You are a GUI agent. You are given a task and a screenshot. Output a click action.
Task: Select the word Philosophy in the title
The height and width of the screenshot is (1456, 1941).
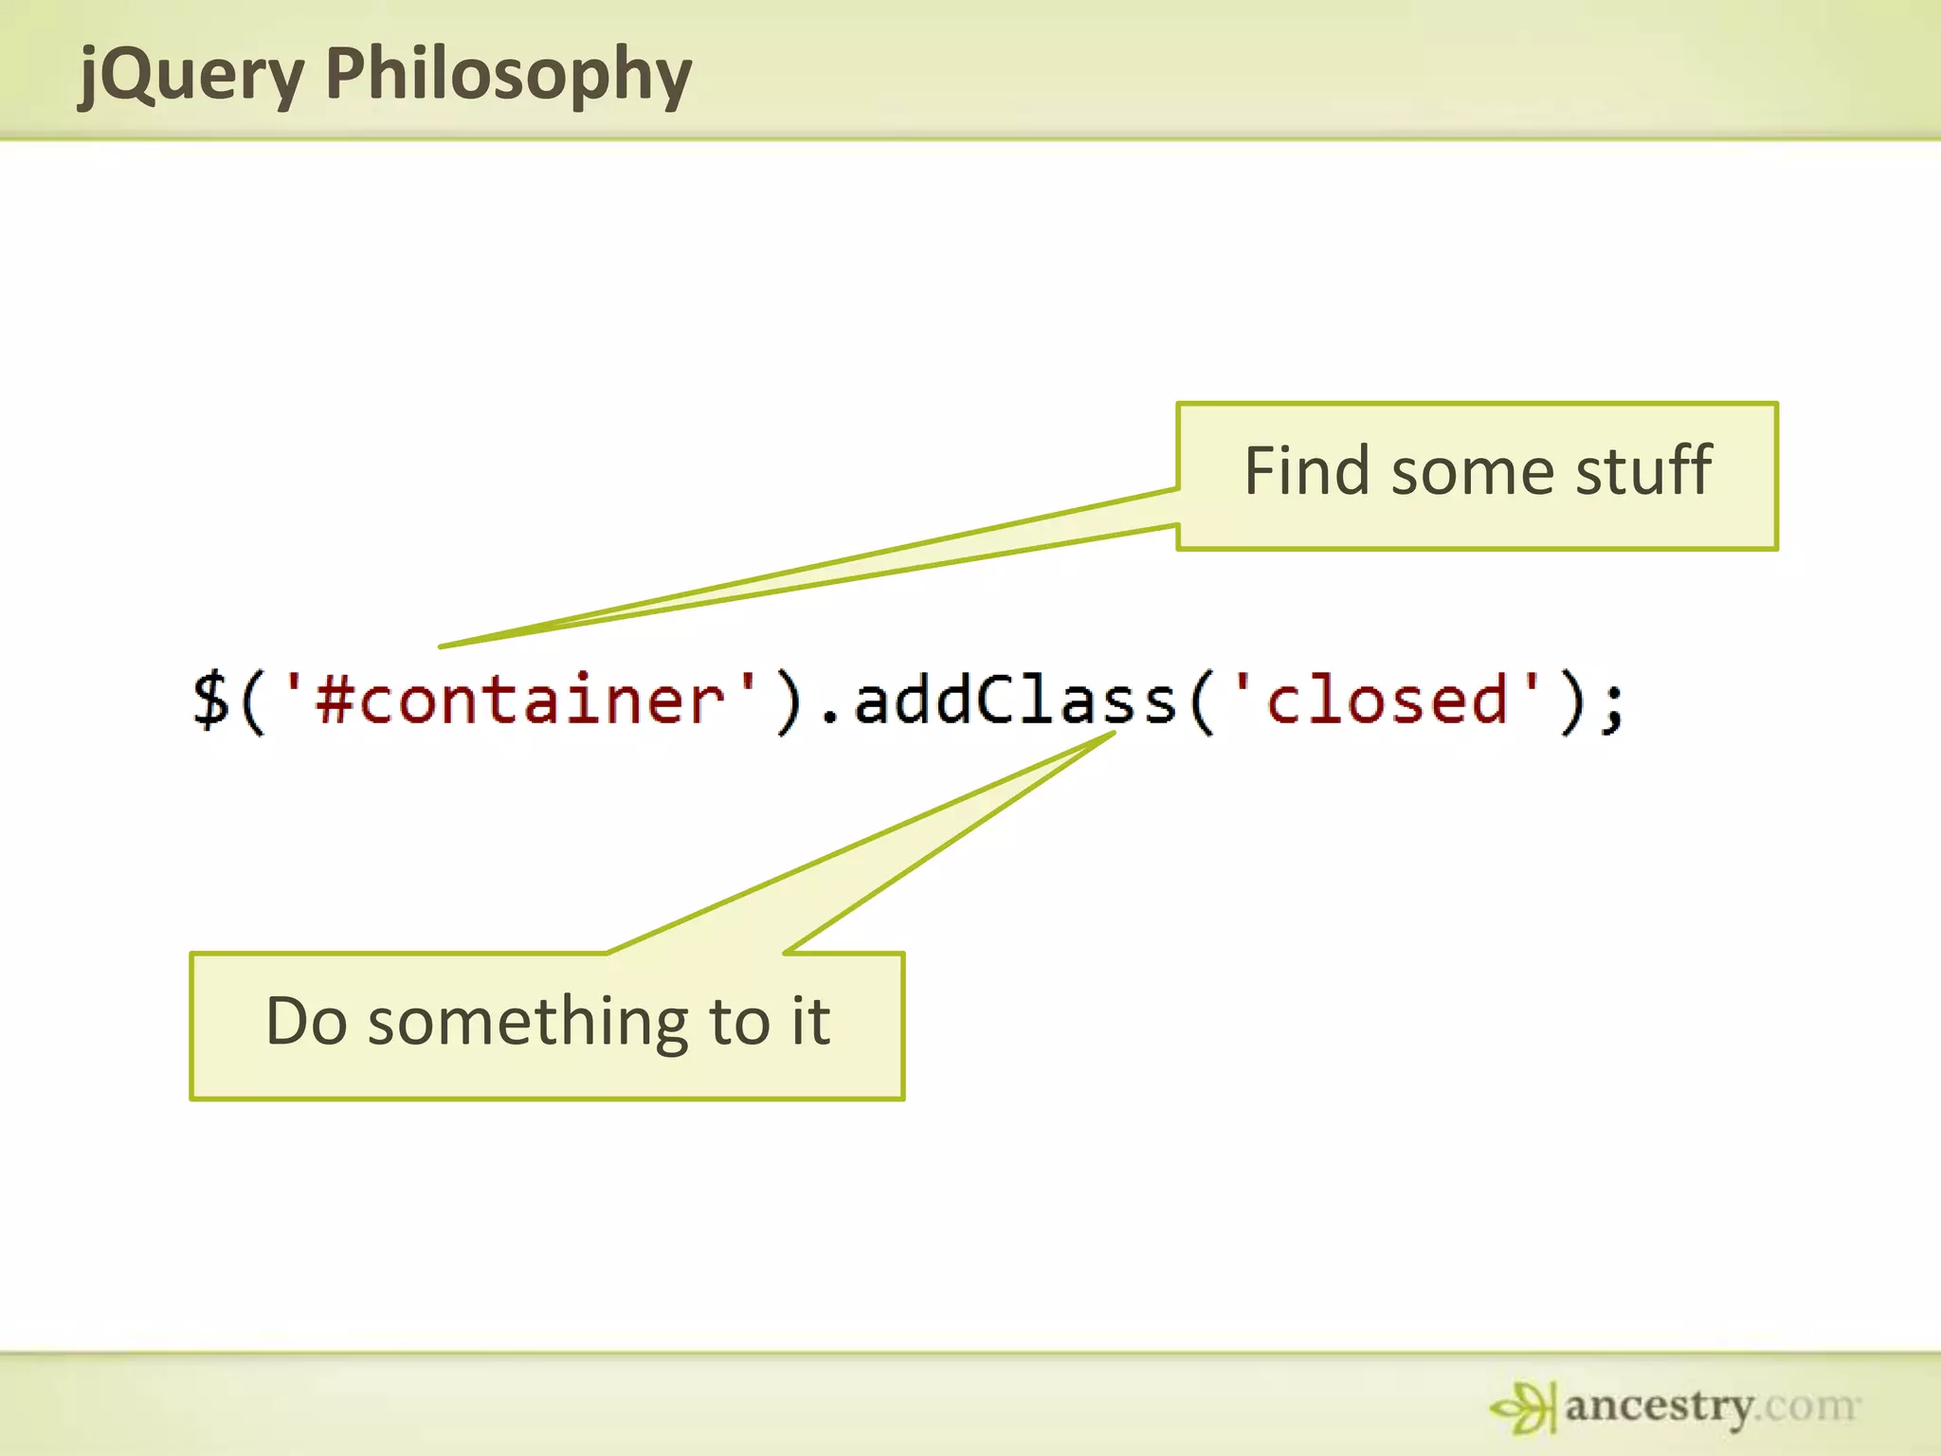point(508,76)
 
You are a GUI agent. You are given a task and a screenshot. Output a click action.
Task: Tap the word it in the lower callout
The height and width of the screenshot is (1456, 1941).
point(811,1022)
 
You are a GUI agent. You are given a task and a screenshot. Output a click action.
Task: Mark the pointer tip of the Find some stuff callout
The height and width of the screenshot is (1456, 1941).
point(442,646)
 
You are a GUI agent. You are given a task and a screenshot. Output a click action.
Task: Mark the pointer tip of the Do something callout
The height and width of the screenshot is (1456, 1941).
point(1113,733)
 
